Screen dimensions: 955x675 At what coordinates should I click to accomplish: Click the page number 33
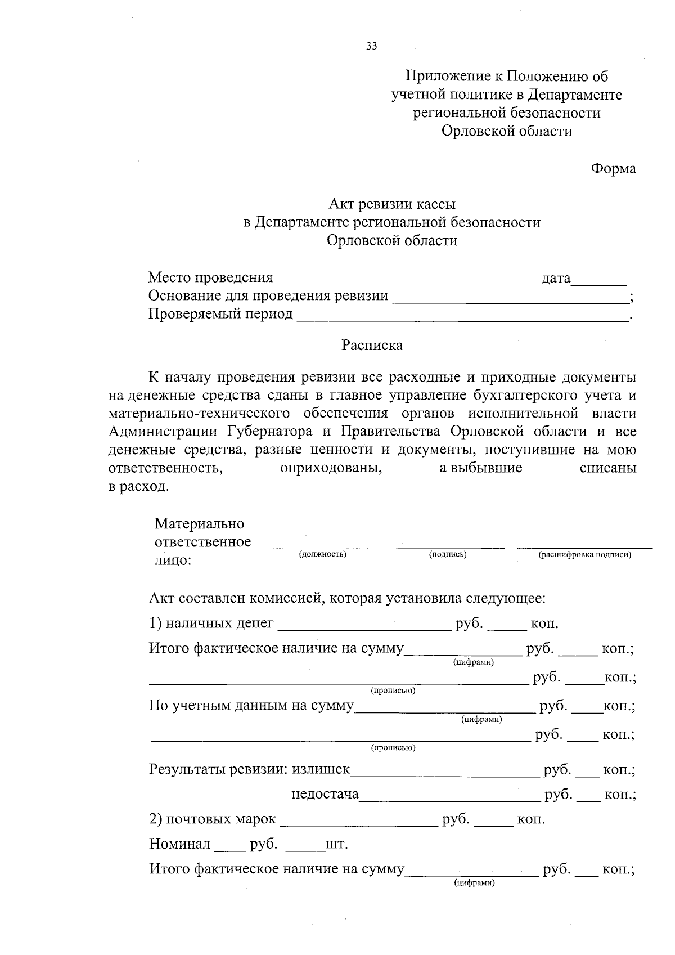(x=371, y=47)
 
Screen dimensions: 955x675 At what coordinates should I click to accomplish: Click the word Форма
(x=613, y=168)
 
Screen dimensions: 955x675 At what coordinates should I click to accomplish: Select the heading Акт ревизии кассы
(x=391, y=204)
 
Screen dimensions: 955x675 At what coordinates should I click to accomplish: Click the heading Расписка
(x=372, y=345)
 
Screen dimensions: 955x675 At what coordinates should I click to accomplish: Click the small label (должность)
(x=322, y=554)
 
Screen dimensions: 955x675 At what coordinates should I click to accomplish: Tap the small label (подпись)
(x=448, y=554)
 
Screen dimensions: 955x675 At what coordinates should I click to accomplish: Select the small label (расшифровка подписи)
(x=585, y=554)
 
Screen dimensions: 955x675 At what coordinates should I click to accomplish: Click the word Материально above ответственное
(x=199, y=524)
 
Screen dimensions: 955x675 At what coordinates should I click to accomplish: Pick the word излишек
(x=321, y=769)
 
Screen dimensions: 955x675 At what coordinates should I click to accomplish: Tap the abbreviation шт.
(x=336, y=844)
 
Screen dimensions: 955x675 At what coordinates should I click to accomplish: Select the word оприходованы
(x=331, y=468)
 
